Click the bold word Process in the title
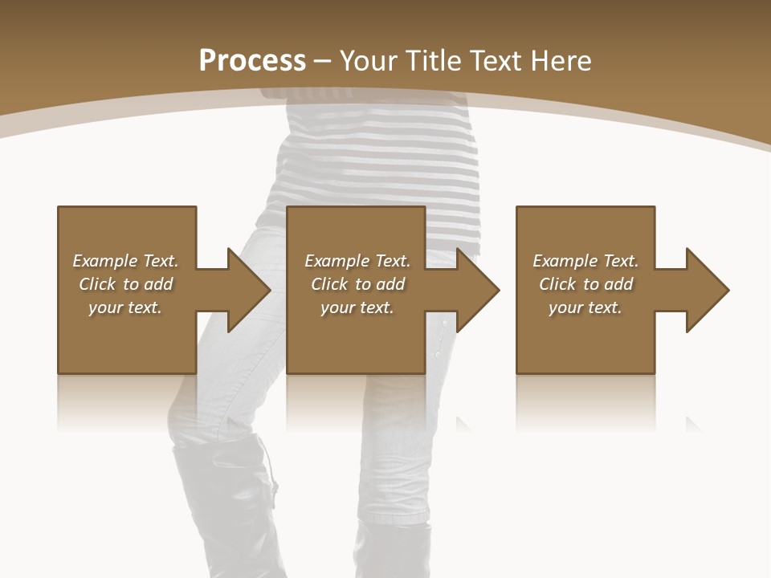[252, 61]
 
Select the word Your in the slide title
[370, 61]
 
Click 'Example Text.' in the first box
[125, 261]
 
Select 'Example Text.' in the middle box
[357, 261]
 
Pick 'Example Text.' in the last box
[585, 261]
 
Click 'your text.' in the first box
[125, 307]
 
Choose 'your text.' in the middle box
[357, 307]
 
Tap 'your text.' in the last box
[585, 307]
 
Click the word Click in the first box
[97, 284]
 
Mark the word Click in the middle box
[329, 284]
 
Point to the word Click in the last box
[557, 284]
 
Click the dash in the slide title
[323, 61]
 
